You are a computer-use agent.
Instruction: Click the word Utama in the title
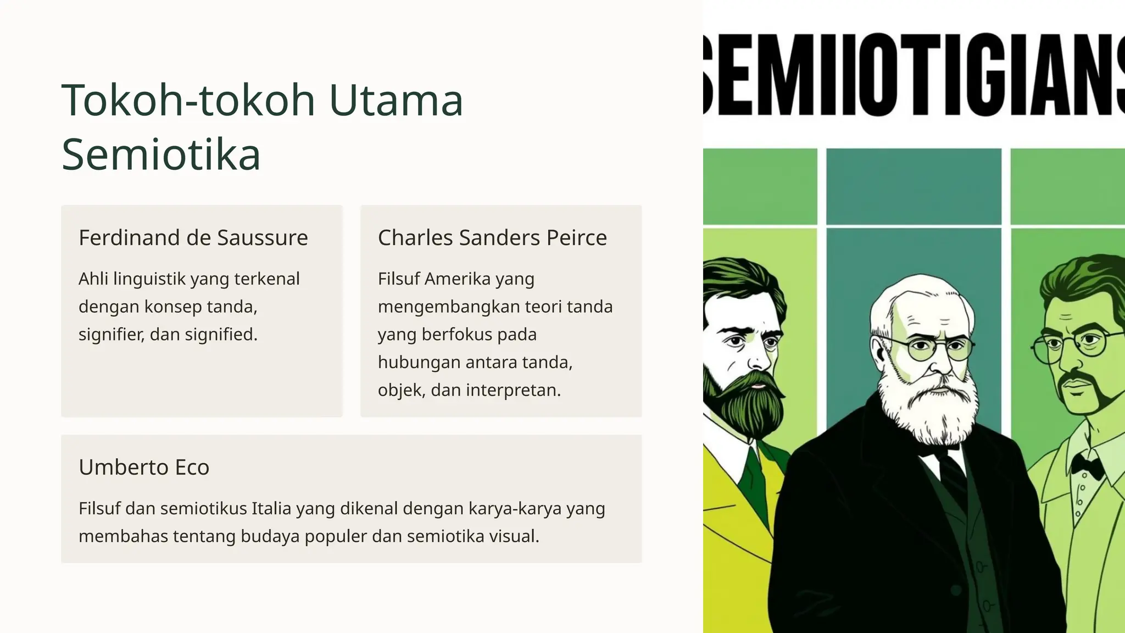click(396, 101)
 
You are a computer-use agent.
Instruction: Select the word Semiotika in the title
click(161, 154)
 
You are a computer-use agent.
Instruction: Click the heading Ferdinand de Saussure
click(193, 237)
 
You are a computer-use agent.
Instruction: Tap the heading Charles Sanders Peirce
click(492, 237)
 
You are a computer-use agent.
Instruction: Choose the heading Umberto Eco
click(144, 467)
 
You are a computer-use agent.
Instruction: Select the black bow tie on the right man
click(1087, 465)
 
